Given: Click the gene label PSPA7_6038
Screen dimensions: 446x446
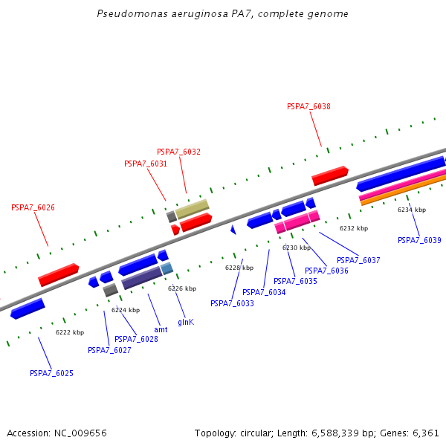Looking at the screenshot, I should coord(308,106).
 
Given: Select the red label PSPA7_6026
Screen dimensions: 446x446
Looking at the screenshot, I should coord(33,207).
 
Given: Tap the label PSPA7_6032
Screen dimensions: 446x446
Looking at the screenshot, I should coord(178,152).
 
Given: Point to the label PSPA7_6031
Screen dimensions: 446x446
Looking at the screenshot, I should coord(146,164).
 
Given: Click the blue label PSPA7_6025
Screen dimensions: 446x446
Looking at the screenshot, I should coord(51,373).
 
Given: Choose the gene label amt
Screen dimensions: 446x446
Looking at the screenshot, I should coord(161,329).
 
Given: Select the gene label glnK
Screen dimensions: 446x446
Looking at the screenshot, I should coord(186,322).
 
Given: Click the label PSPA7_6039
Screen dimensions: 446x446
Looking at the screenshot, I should coord(419,240).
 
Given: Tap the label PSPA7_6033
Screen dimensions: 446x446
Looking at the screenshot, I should coord(232,303).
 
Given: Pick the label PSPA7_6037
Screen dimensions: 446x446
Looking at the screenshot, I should coord(358,260).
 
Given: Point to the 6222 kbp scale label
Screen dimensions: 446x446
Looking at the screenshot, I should coord(70,332).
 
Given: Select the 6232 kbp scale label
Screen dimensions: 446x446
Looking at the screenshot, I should coord(354,228).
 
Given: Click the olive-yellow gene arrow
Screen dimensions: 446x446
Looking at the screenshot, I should coord(192,207).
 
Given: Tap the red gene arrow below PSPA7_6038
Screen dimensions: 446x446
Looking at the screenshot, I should coord(330,175).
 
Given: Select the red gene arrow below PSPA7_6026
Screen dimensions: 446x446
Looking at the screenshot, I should coord(59,274).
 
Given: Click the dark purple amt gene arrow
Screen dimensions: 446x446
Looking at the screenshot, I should coord(142,278).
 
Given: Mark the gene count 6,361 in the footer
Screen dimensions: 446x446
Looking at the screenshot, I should coord(424,433).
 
